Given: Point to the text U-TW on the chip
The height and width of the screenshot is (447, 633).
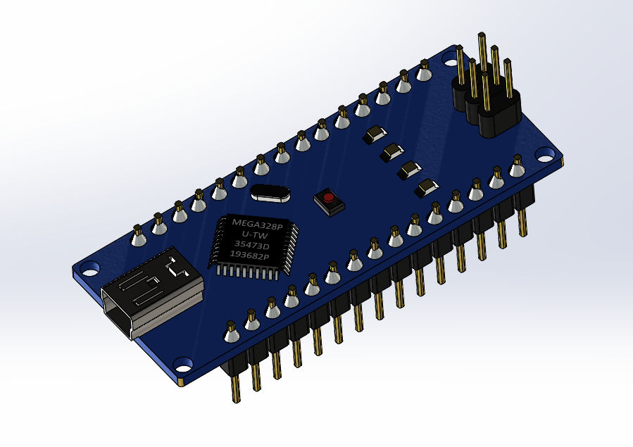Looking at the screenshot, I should coord(254,234).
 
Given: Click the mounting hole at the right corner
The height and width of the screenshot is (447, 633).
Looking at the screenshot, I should coord(546,153).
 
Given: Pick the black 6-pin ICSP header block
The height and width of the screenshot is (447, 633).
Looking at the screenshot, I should coord(486,106).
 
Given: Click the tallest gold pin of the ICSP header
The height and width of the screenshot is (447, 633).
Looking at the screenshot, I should coord(482,53).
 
